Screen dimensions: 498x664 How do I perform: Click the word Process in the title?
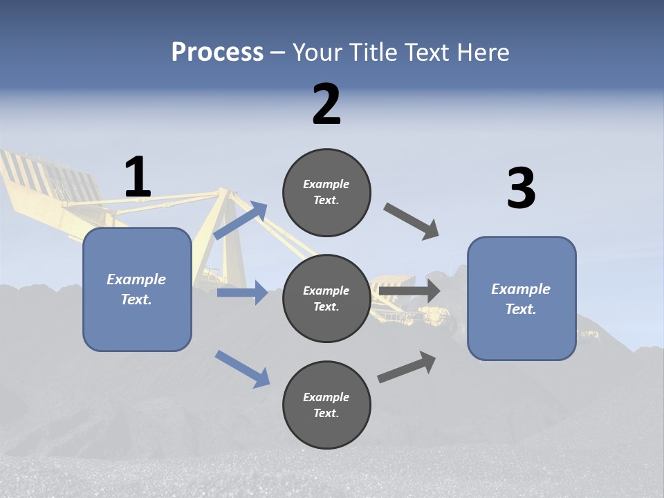click(217, 52)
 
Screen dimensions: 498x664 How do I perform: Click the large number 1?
click(138, 177)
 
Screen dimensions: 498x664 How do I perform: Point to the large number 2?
click(326, 104)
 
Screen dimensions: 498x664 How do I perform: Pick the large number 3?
click(521, 189)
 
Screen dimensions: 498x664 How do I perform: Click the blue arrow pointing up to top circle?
click(241, 221)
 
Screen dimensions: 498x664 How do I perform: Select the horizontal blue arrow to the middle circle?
click(242, 293)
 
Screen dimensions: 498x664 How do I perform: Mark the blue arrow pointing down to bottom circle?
click(242, 368)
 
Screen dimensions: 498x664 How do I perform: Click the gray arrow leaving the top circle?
click(412, 221)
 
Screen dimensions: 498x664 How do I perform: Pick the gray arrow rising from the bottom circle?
click(407, 367)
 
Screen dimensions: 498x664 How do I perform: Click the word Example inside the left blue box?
click(136, 279)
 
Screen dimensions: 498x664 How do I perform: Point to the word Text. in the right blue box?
click(521, 309)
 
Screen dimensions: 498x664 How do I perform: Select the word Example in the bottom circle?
click(326, 397)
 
